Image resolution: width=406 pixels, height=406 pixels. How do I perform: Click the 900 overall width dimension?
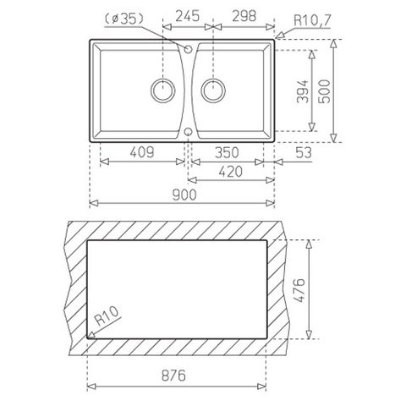click(184, 195)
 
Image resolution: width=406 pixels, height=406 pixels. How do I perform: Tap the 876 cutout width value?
click(173, 376)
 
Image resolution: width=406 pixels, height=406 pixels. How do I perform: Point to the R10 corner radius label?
click(107, 315)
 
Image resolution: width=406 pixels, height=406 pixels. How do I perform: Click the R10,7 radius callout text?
click(312, 20)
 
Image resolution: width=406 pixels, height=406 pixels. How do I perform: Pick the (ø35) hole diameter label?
click(124, 19)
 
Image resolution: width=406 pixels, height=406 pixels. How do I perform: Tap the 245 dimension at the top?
click(188, 16)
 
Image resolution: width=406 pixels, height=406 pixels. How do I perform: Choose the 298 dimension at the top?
click(244, 16)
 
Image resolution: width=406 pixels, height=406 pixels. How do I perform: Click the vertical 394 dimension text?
click(303, 91)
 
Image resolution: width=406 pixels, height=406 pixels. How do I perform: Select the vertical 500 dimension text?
click(325, 91)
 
